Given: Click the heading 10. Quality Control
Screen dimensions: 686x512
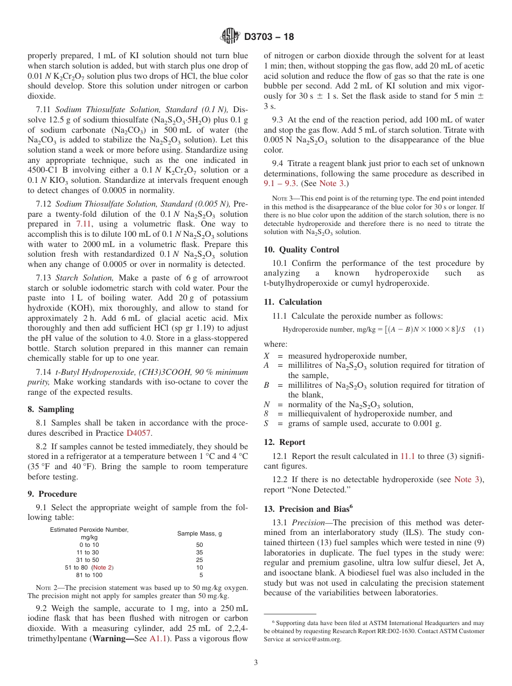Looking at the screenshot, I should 301,250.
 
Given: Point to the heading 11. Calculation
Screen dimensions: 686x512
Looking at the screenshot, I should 293,302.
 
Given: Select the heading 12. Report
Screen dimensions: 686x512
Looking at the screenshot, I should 285,442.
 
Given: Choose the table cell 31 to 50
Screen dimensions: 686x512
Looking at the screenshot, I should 89,560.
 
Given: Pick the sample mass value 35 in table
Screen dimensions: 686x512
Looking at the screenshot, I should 199,552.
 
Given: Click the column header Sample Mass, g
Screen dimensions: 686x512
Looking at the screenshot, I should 199,533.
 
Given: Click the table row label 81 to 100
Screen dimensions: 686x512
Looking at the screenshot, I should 89,575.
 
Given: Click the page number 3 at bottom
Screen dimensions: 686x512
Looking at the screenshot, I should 256,662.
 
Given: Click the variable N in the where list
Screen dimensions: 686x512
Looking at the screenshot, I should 266,404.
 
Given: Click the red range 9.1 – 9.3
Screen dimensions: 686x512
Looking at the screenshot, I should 280,183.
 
